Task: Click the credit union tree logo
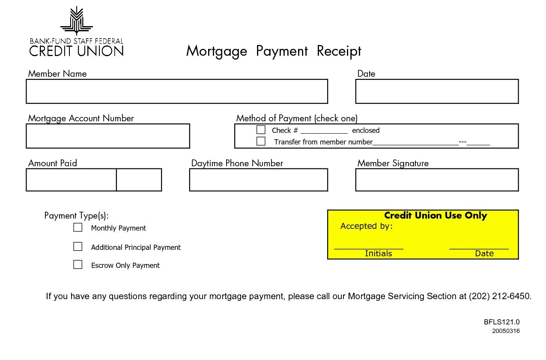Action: pyautogui.click(x=76, y=21)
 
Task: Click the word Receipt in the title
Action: pyautogui.click(x=339, y=51)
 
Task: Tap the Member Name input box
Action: pyautogui.click(x=176, y=91)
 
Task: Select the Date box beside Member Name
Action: pyautogui.click(x=436, y=91)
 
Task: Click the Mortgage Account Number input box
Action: pyautogui.click(x=107, y=136)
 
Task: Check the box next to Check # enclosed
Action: pyautogui.click(x=261, y=129)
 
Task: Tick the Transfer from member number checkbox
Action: pyautogui.click(x=261, y=141)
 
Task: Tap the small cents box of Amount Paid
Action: pyautogui.click(x=139, y=180)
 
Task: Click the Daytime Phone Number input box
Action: pyautogui.click(x=258, y=180)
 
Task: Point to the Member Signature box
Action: pyautogui.click(x=436, y=180)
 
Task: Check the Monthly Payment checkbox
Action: pyautogui.click(x=78, y=227)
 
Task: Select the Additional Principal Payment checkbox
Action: pyautogui.click(x=78, y=246)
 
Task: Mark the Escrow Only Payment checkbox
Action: pyautogui.click(x=78, y=264)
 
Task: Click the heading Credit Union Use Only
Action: pyautogui.click(x=435, y=216)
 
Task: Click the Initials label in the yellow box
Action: pyautogui.click(x=378, y=254)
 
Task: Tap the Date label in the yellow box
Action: pyautogui.click(x=484, y=254)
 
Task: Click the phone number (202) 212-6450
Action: pyautogui.click(x=500, y=296)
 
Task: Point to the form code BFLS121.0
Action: pyautogui.click(x=501, y=322)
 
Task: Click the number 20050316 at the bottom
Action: pyautogui.click(x=506, y=331)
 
